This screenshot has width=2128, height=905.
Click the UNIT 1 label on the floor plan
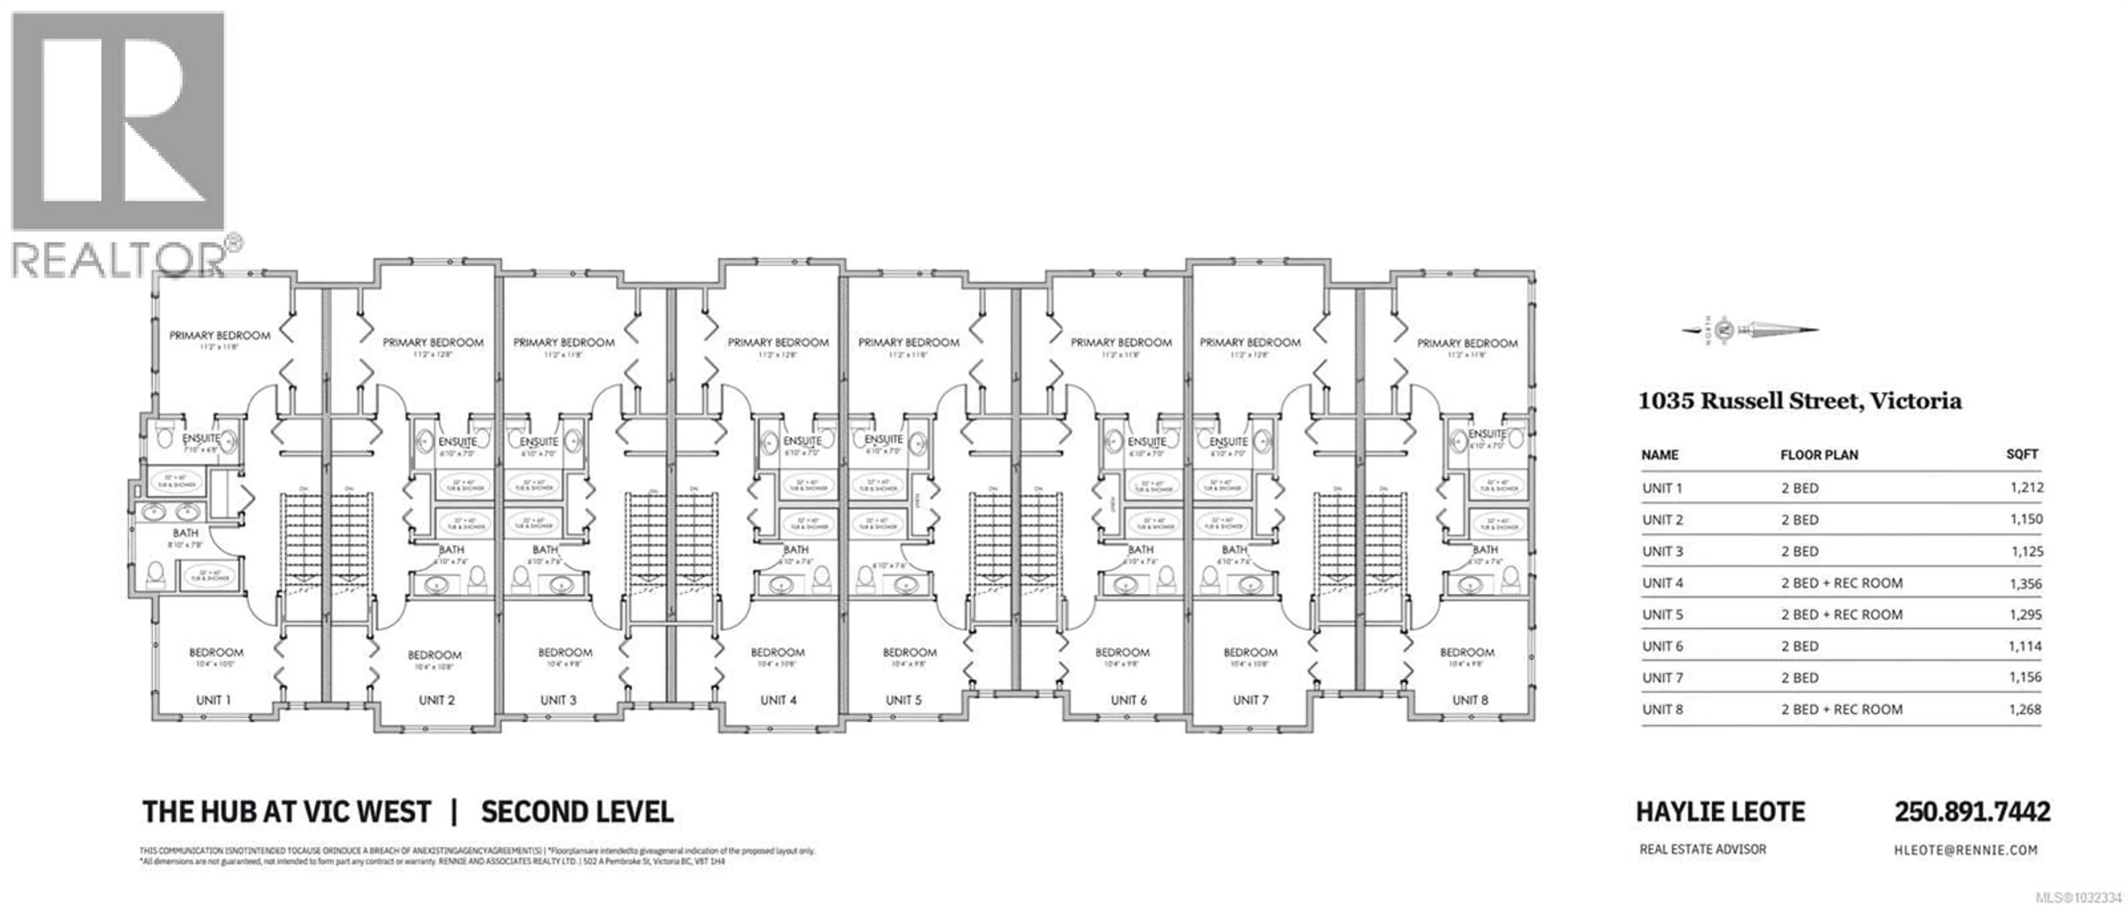click(213, 700)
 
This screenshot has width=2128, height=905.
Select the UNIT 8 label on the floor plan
click(1470, 700)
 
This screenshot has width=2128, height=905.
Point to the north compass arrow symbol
click(1750, 330)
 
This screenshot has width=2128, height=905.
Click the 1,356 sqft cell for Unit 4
click(2025, 584)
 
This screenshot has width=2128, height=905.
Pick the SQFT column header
click(2022, 454)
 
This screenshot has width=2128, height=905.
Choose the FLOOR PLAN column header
click(1819, 455)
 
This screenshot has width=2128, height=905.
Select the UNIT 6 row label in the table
click(1662, 646)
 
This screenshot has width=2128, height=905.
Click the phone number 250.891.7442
click(1972, 812)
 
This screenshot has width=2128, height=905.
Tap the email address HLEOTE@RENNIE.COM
click(1965, 850)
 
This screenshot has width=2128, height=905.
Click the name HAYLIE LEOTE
click(1720, 812)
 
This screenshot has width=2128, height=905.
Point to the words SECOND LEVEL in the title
click(576, 812)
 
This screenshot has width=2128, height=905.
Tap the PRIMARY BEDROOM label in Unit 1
click(220, 335)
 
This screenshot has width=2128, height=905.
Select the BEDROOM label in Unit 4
click(777, 652)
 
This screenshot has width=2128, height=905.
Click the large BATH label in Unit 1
click(185, 533)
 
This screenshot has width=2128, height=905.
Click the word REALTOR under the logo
click(117, 260)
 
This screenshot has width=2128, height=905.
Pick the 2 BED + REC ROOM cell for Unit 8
click(1841, 709)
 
